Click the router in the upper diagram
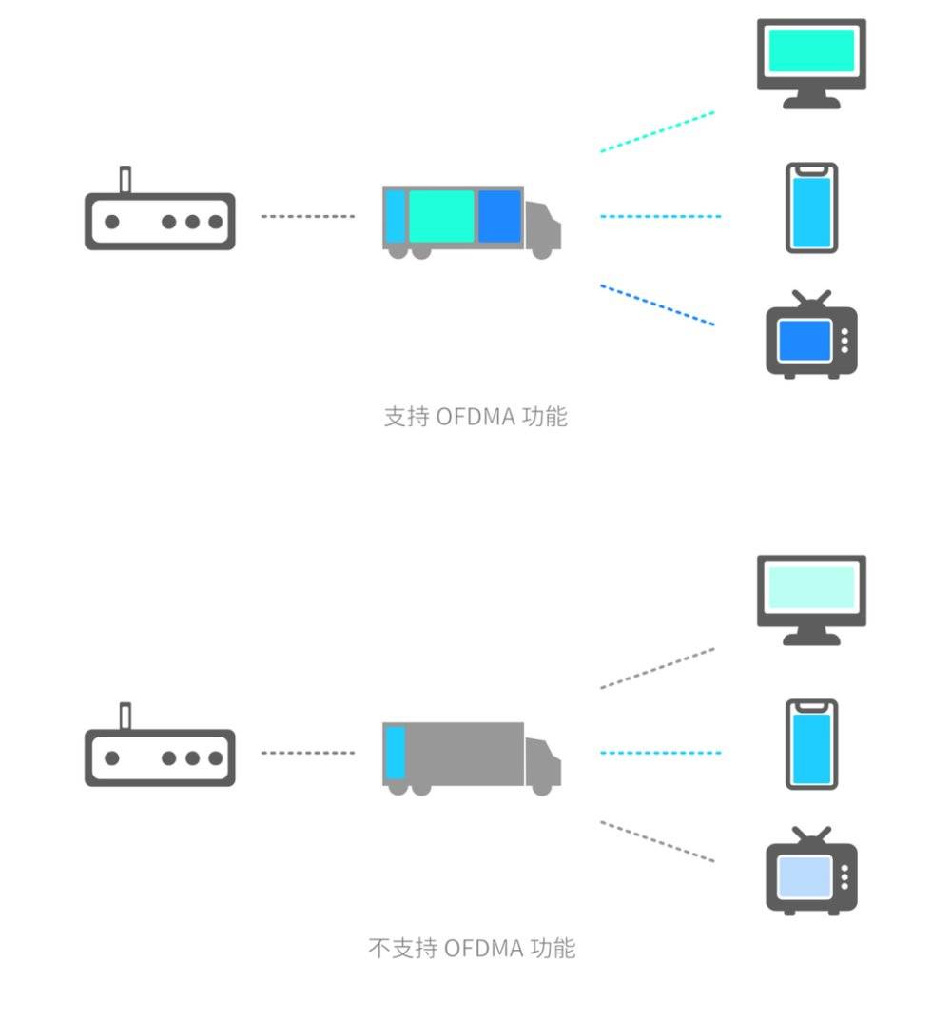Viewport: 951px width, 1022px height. (x=159, y=222)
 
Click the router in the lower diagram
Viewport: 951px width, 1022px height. (x=159, y=758)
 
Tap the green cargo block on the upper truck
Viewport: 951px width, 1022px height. (x=441, y=216)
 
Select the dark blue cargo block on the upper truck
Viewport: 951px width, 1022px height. (x=499, y=216)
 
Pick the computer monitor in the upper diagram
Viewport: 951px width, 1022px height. (x=811, y=59)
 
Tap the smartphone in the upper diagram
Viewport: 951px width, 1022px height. (x=811, y=208)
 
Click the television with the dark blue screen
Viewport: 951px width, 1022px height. (x=811, y=338)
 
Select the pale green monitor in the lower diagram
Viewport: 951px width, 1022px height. (x=811, y=596)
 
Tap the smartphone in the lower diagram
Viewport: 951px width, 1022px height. (x=811, y=744)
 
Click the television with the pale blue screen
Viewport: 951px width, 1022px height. (x=811, y=875)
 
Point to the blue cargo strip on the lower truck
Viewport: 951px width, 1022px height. (x=396, y=753)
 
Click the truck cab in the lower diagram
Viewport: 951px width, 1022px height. (x=543, y=764)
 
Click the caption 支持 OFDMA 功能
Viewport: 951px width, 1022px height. (x=475, y=417)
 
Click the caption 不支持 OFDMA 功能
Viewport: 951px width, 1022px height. (x=472, y=948)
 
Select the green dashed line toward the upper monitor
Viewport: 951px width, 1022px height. (x=656, y=132)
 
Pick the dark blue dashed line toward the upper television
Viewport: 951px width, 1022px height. (x=656, y=305)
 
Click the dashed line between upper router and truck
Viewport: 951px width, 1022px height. (x=307, y=216)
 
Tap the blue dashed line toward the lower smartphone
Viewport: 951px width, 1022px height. (x=660, y=753)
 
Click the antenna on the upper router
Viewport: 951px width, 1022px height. (x=125, y=179)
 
